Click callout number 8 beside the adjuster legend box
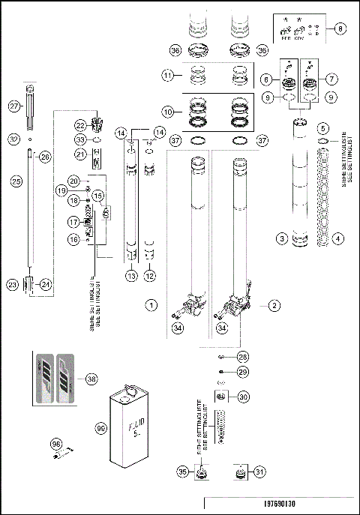341,28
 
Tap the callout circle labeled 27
13,107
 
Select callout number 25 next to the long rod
12,181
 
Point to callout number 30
243,397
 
